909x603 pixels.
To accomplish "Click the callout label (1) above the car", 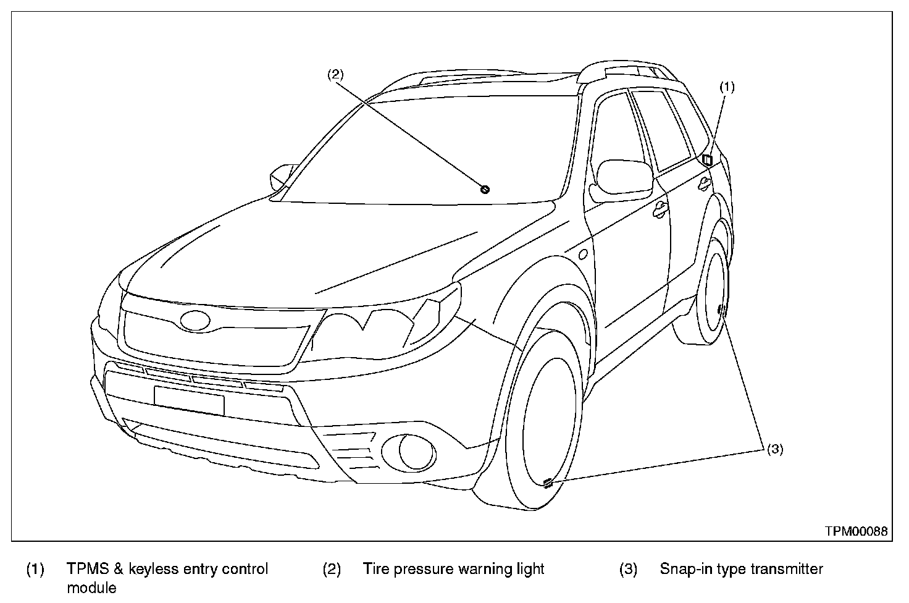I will click(x=727, y=87).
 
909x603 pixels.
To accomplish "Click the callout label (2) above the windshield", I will click(x=335, y=74).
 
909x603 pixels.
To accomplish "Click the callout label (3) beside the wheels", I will click(x=774, y=449).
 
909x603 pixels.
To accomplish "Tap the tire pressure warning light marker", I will click(x=485, y=189).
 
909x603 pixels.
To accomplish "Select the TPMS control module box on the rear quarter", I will click(x=707, y=159).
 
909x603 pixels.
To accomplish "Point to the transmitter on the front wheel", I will click(x=547, y=483).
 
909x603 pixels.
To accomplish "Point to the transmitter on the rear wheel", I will click(x=721, y=310).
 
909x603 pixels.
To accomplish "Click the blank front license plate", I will click(x=189, y=400).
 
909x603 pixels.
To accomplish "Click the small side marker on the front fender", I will click(x=582, y=254).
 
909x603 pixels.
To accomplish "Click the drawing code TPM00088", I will click(x=857, y=531).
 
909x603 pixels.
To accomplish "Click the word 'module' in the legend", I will click(x=91, y=587).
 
